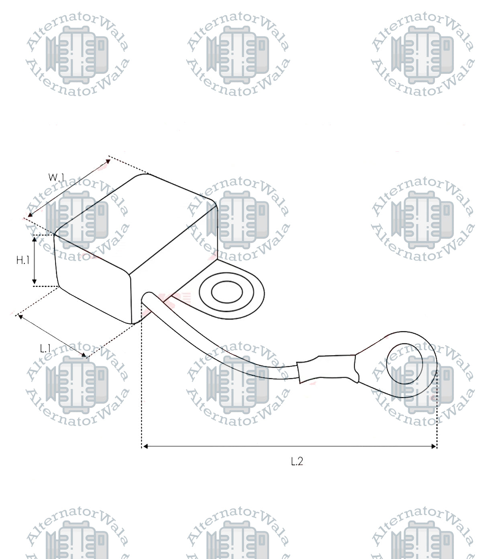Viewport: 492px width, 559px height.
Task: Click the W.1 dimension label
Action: point(56,177)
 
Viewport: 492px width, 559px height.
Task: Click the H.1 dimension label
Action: point(23,260)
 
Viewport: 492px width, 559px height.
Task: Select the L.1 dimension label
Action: point(45,348)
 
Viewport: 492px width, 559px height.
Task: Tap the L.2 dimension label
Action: point(297,461)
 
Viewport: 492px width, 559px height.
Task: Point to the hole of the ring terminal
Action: point(404,363)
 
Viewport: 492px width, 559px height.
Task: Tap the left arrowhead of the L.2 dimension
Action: point(145,446)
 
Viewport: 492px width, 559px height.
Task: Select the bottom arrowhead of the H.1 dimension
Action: point(34,282)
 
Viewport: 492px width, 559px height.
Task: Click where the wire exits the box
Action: point(147,298)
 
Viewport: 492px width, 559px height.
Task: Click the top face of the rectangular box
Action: point(137,221)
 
